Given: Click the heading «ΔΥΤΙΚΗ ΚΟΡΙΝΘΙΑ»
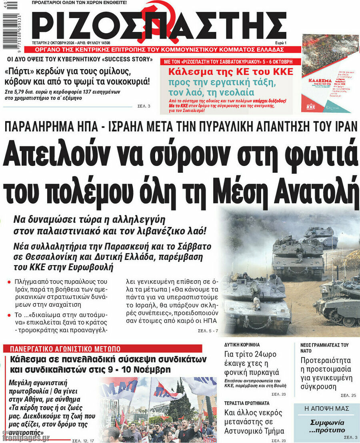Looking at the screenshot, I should click(242, 344).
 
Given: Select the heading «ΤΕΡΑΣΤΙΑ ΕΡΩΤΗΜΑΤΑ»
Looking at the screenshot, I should click(246, 403).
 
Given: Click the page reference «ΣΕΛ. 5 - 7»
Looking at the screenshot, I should click(208, 331).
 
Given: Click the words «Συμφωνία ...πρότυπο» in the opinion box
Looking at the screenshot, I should click(328, 426).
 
